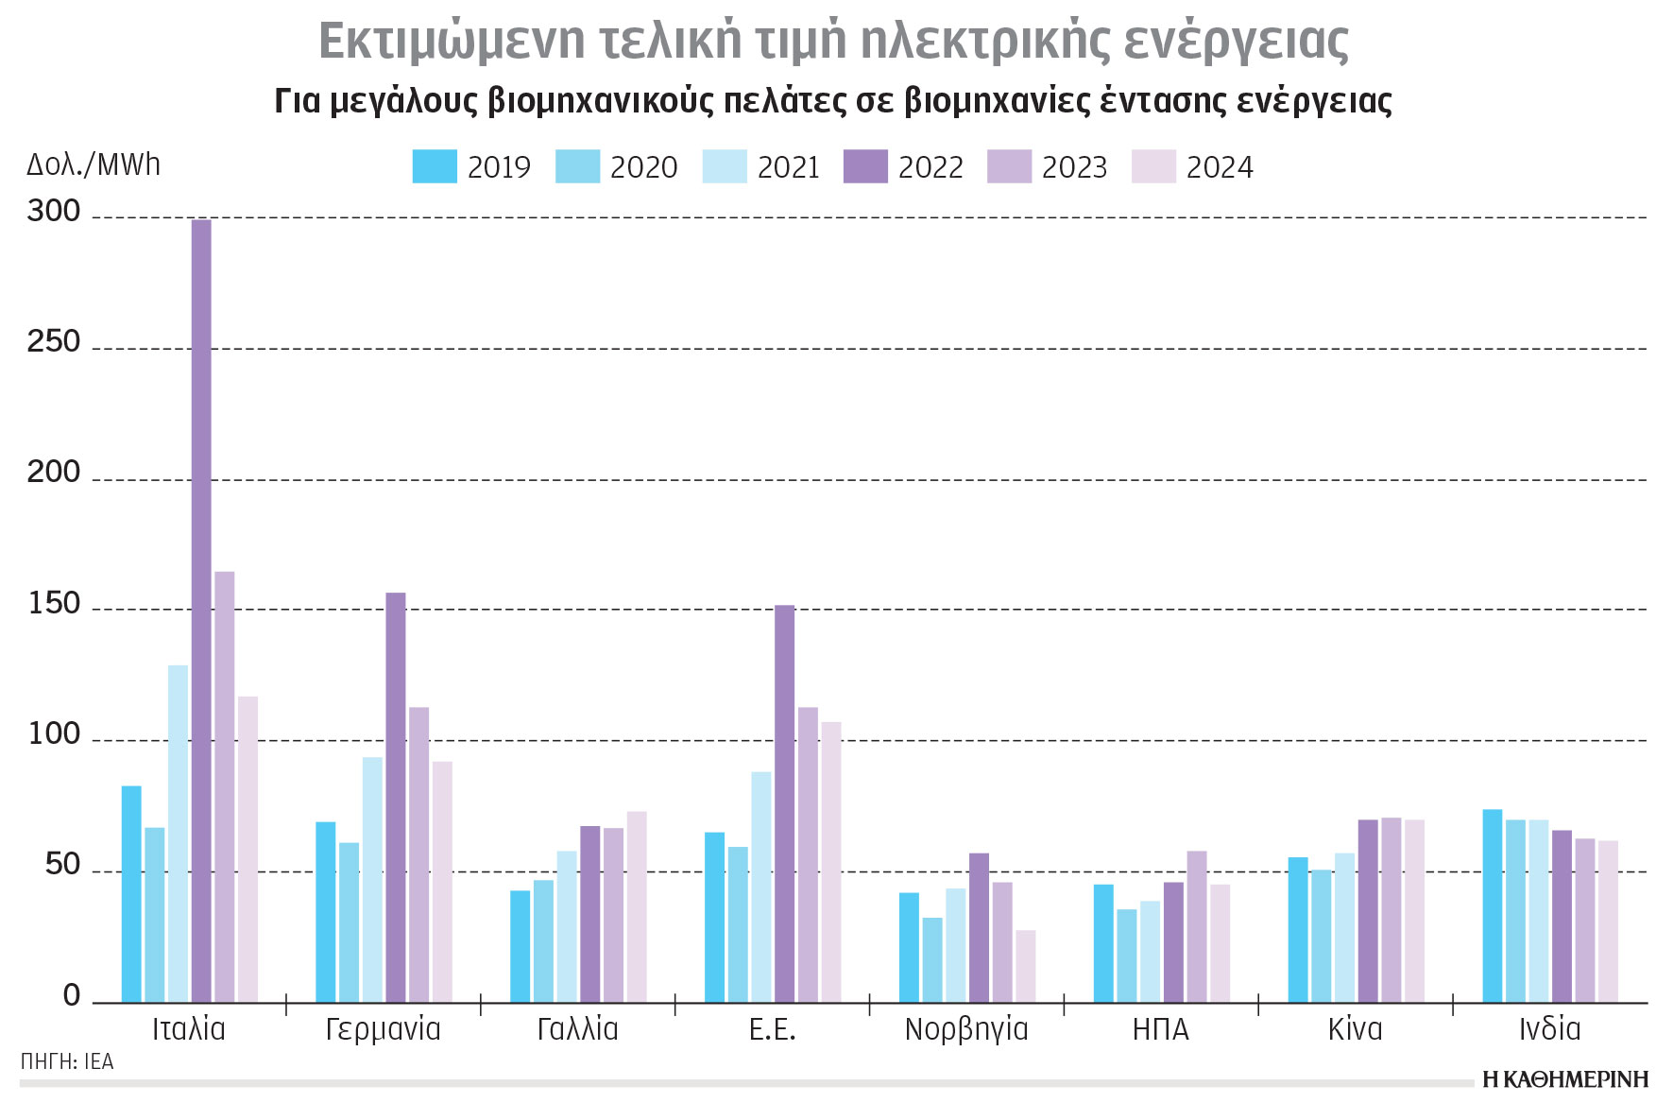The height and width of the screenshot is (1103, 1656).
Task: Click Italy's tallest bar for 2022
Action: click(x=201, y=610)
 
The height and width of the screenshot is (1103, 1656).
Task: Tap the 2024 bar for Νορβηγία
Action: click(x=1026, y=966)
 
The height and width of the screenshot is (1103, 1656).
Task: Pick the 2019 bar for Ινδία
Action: click(x=1493, y=905)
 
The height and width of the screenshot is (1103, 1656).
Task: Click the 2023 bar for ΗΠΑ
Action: click(x=1197, y=926)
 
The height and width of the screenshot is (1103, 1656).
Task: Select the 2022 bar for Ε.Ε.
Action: click(x=785, y=803)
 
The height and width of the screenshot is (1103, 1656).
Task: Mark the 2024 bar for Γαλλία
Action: click(x=637, y=906)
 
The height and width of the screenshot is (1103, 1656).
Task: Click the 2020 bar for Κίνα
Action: click(x=1322, y=936)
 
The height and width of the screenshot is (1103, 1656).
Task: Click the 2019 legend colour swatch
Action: click(x=435, y=166)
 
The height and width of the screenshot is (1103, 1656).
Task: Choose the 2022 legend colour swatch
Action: click(x=865, y=166)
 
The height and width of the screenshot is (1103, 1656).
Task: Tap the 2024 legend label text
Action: click(x=1220, y=167)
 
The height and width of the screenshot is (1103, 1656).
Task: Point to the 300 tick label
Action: click(x=54, y=211)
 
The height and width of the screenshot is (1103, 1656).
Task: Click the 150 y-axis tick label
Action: click(x=54, y=603)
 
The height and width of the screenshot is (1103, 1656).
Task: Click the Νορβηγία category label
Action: click(x=966, y=1029)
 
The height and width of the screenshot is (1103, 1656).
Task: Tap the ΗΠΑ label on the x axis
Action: click(x=1161, y=1029)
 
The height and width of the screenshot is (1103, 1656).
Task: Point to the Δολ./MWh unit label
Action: click(x=94, y=164)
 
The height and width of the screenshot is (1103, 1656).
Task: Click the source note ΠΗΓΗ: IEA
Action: click(x=67, y=1062)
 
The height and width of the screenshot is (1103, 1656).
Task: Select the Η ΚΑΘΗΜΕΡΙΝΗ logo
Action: click(x=1564, y=1080)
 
